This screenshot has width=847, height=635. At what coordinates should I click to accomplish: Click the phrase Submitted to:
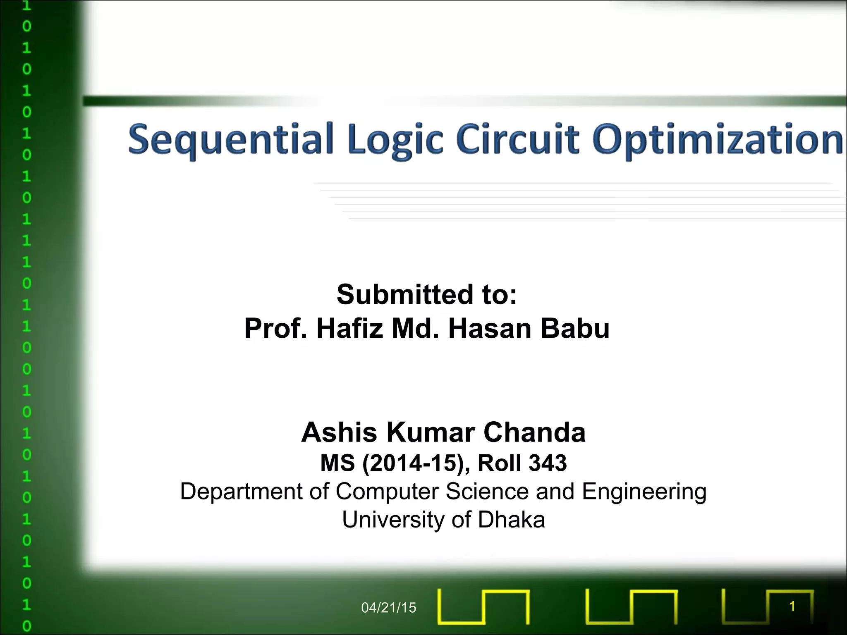point(427,295)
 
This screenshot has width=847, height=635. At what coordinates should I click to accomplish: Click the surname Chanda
point(534,432)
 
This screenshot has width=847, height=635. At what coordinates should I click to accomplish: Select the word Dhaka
point(511,520)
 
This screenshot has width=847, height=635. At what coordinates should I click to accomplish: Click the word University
point(395,520)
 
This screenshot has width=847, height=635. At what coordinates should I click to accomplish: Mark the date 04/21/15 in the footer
point(388,608)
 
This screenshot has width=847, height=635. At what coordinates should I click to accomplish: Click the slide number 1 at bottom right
point(792,606)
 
